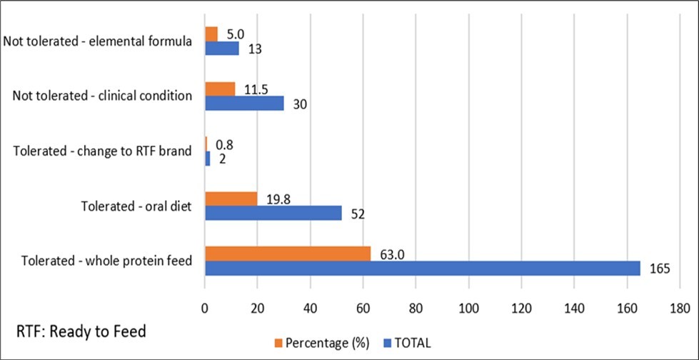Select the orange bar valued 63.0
pyautogui.click(x=288, y=254)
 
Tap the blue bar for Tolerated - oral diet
pyautogui.click(x=273, y=213)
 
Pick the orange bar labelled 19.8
pyautogui.click(x=231, y=199)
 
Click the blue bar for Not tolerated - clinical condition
pyautogui.click(x=244, y=103)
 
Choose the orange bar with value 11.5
pyautogui.click(x=220, y=89)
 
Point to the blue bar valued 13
pyautogui.click(x=221, y=48)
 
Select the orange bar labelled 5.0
pyautogui.click(x=211, y=34)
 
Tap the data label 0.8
pyautogui.click(x=223, y=144)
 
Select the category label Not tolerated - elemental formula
pyautogui.click(x=98, y=41)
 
